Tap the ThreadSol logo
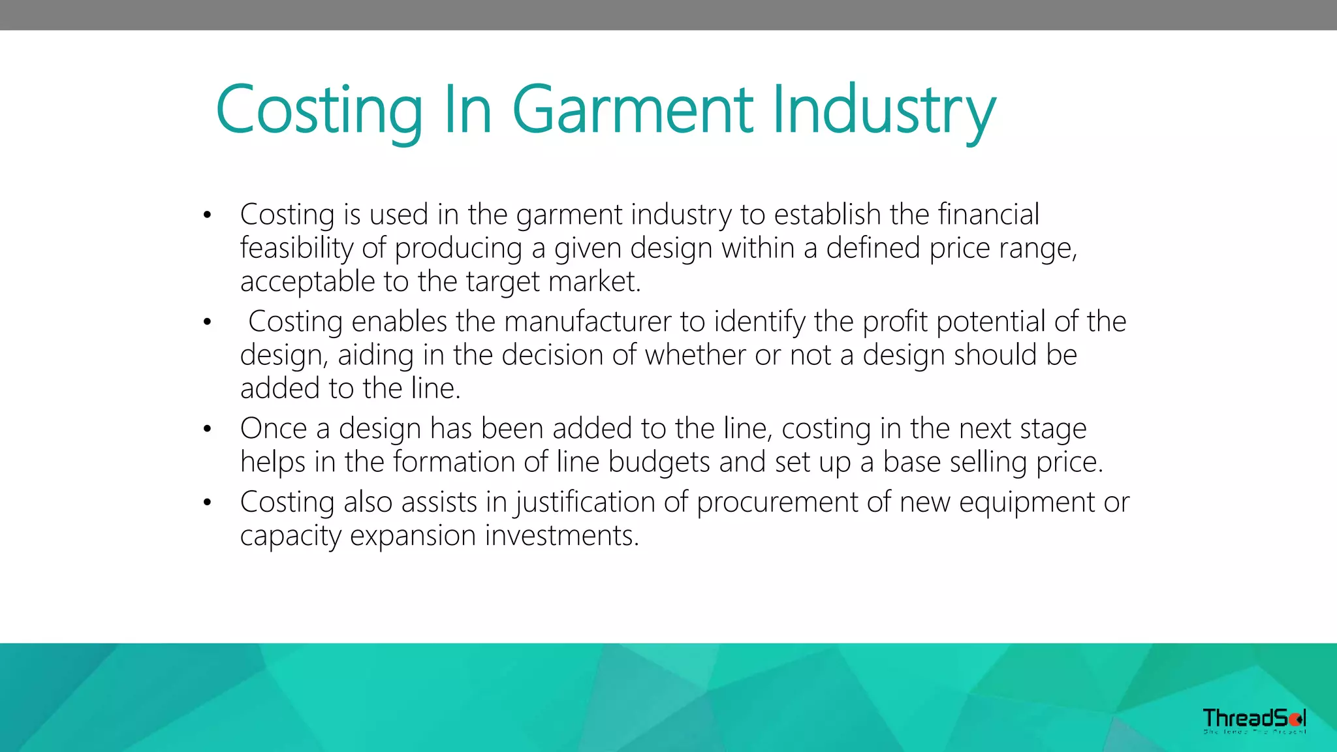[x=1254, y=720]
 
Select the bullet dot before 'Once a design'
[x=208, y=429]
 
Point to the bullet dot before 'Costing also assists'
[x=208, y=503]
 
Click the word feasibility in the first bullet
[x=296, y=249]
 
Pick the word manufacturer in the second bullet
[x=588, y=322]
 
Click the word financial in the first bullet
[x=988, y=215]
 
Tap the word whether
[x=695, y=355]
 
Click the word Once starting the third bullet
[x=274, y=429]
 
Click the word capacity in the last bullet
[x=291, y=536]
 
